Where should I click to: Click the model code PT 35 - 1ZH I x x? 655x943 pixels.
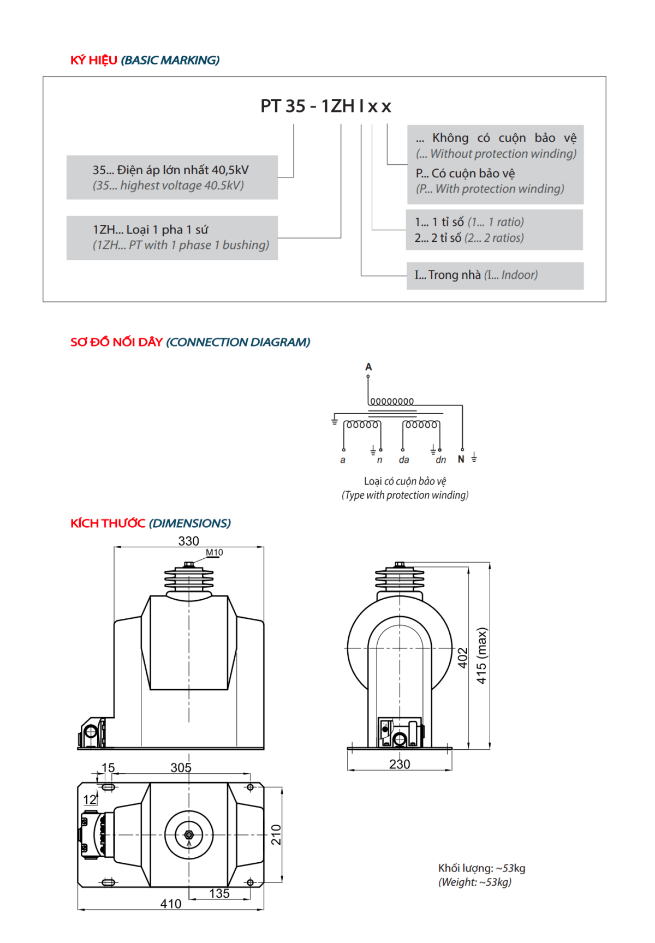(325, 106)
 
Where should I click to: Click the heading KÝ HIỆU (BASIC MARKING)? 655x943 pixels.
(145, 60)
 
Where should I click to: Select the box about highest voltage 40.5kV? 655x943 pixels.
(172, 177)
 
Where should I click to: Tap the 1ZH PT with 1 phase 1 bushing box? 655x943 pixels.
(172, 237)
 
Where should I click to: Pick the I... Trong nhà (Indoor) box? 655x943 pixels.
(495, 275)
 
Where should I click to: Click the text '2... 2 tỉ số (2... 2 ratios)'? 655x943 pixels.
(469, 238)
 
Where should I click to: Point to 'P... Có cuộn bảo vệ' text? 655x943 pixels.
(465, 174)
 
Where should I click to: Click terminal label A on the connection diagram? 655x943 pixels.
(368, 367)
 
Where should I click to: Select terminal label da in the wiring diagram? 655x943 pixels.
(404, 460)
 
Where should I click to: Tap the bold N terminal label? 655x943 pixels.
(461, 459)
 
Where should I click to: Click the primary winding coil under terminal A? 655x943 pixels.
(391, 402)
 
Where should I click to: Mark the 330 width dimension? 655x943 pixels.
(189, 541)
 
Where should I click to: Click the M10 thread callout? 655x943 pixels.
(215, 552)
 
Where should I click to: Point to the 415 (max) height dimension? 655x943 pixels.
(481, 655)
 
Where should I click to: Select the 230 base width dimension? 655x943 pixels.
(400, 764)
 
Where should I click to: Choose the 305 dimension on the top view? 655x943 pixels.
(181, 767)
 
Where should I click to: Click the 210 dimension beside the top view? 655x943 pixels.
(276, 834)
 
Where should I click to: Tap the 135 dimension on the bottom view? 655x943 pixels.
(219, 893)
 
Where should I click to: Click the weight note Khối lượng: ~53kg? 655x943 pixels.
(481, 868)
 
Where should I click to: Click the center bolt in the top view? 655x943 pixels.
(189, 835)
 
